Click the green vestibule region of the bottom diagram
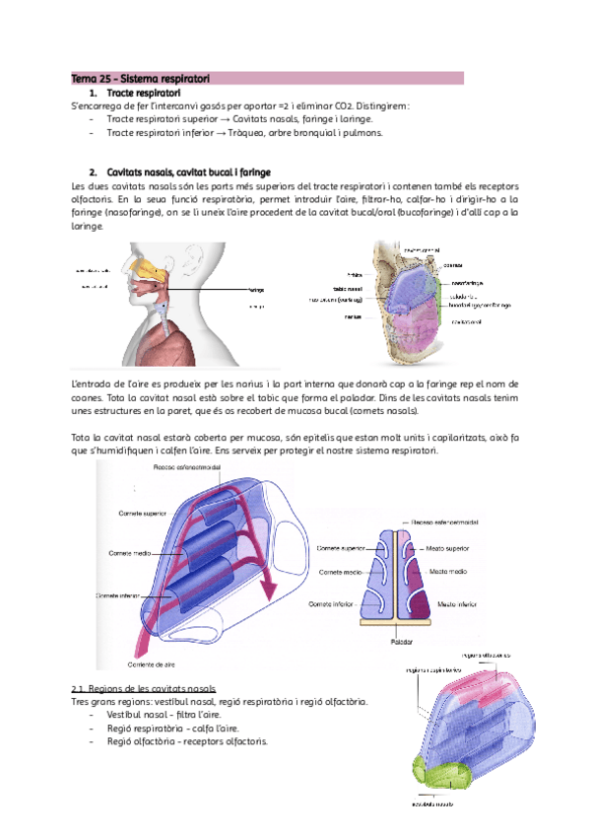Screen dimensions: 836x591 [430, 774]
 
